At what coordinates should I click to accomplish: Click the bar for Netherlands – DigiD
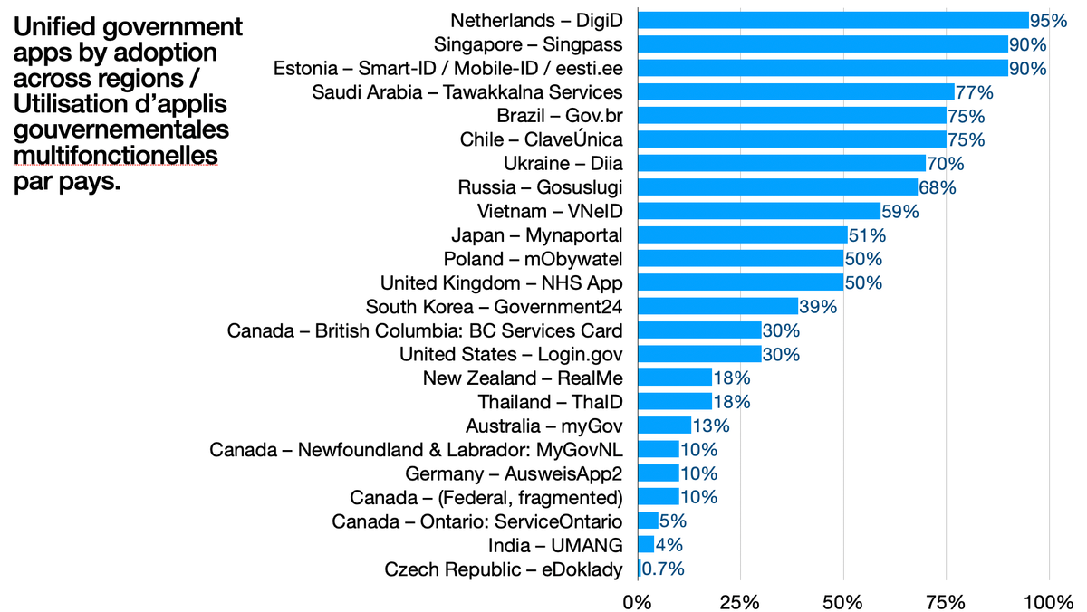point(833,21)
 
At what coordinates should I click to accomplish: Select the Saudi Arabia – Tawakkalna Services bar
point(796,92)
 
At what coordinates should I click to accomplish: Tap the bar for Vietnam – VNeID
point(759,211)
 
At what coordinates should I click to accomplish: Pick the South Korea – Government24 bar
point(718,306)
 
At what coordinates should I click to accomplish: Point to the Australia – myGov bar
point(665,426)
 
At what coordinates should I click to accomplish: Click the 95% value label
point(1048,21)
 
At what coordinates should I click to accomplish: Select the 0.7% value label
point(663,569)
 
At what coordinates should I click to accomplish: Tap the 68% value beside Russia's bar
point(938,187)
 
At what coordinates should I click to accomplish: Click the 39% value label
point(818,306)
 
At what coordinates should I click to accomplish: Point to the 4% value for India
point(669,545)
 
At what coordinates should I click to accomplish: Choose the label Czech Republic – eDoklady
point(504,569)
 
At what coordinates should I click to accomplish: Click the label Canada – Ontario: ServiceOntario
point(477,521)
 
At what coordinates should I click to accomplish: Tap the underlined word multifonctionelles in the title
point(115,157)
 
